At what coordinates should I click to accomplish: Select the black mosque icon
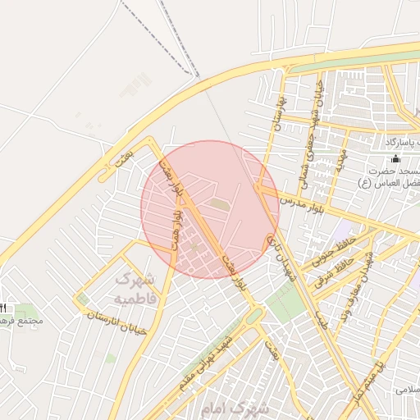tap(397, 159)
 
